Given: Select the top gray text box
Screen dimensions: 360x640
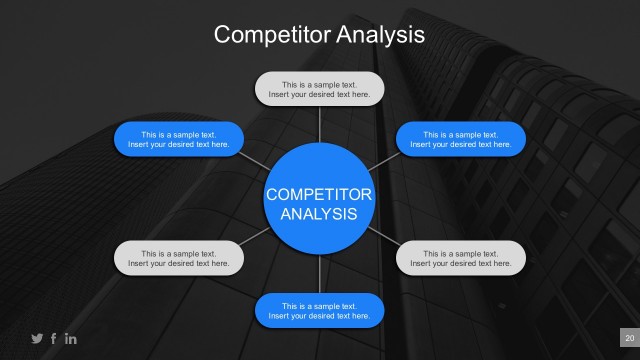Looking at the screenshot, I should pyautogui.click(x=319, y=89).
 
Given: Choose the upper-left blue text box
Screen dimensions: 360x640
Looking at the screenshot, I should pyautogui.click(x=179, y=139).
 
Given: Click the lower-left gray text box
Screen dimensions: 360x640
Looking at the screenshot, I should pyautogui.click(x=179, y=258).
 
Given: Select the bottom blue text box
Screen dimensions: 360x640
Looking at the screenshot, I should pyautogui.click(x=319, y=310).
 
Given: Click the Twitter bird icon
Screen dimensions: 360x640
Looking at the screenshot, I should pyautogui.click(x=38, y=338).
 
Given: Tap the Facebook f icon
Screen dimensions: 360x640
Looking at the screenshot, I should pyautogui.click(x=54, y=338).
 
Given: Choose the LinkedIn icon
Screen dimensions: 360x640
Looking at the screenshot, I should pyautogui.click(x=70, y=338).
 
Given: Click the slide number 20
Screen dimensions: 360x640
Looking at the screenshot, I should pyautogui.click(x=629, y=338).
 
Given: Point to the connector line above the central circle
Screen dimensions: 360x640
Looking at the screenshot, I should pyautogui.click(x=319, y=124).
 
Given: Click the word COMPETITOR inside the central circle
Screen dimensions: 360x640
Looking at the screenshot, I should pyautogui.click(x=319, y=194).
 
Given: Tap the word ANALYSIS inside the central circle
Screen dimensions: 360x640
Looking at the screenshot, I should pyautogui.click(x=319, y=214).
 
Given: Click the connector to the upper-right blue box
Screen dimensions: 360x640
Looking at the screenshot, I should pyautogui.click(x=383, y=160).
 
